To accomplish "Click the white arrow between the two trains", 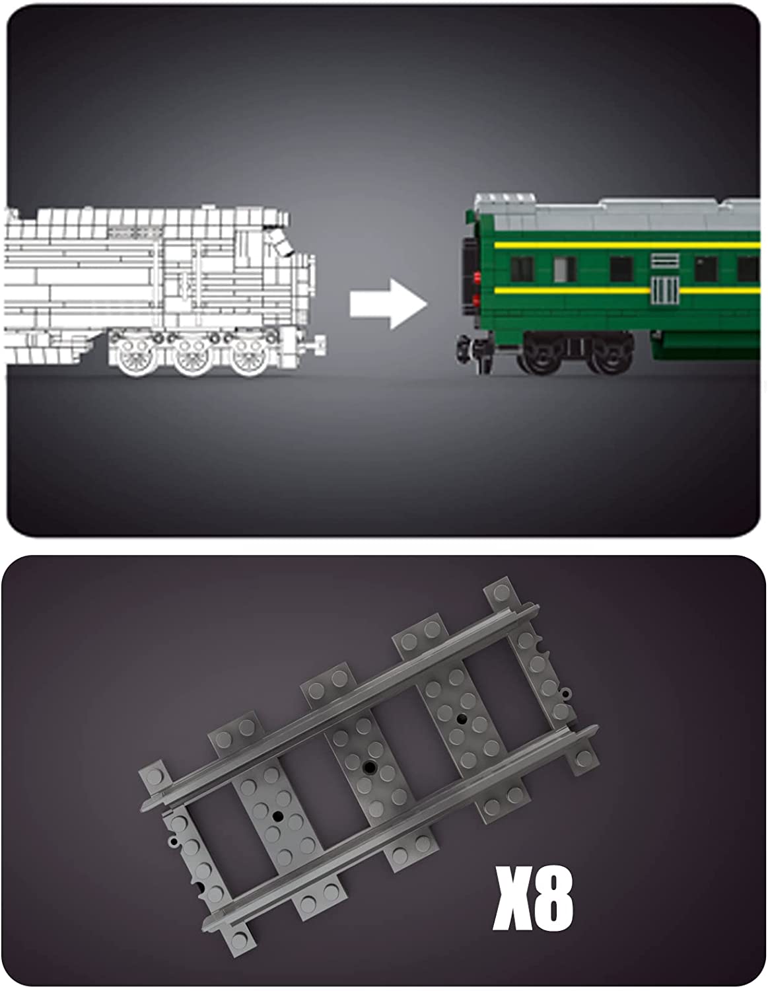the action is coord(388,304).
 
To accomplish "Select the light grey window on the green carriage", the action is coord(565,269).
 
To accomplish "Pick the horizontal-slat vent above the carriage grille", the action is coord(665,261).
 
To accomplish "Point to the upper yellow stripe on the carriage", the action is coord(627,245).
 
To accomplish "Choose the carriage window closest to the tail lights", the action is coord(522,269).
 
